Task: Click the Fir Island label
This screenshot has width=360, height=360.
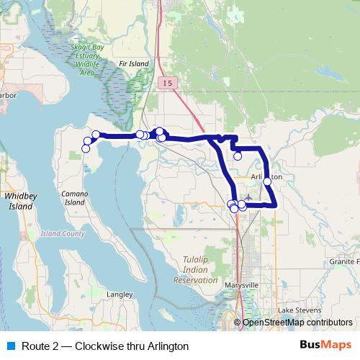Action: (135, 64)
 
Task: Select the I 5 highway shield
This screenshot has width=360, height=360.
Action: (168, 84)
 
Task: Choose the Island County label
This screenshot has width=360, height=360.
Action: (63, 234)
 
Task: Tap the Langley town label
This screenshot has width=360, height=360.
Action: (120, 294)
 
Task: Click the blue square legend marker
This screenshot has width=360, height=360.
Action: (9, 346)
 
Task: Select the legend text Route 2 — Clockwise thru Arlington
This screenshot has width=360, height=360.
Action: (105, 346)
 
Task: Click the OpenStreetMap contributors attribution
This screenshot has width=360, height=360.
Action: (297, 323)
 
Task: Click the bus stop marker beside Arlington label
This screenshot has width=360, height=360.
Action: (267, 181)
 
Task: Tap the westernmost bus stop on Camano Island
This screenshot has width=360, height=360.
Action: (86, 148)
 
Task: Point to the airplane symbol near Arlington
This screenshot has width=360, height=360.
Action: (249, 196)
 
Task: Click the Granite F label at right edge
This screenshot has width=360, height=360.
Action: (344, 261)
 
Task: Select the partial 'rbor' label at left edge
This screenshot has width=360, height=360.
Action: (7, 94)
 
